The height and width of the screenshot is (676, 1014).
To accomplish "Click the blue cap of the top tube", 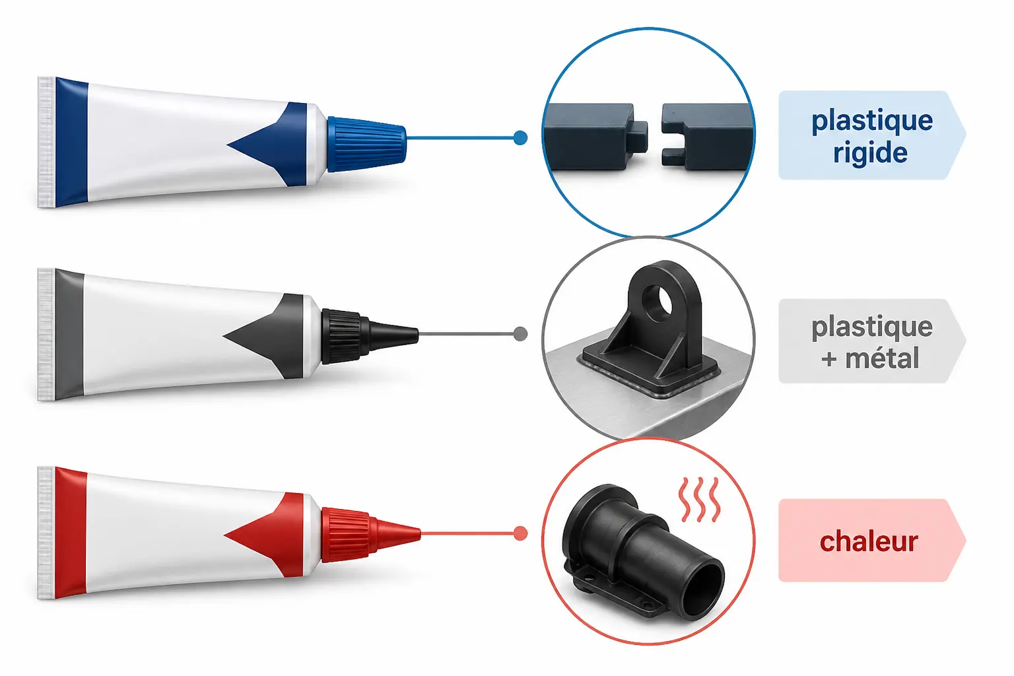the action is pos(366,144).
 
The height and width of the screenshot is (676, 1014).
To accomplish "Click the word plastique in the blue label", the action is pos(872,122).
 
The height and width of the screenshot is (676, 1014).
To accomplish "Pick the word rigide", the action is pos(870,152).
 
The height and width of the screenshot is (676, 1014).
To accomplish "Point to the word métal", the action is pos(882,358).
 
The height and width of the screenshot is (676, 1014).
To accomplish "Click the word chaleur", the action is pos(869,541).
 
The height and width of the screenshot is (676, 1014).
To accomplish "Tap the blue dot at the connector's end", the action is pos(521,138).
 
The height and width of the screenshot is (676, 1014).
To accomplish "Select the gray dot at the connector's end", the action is pos(521,334).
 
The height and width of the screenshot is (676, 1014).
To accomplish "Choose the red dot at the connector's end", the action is pos(521,533).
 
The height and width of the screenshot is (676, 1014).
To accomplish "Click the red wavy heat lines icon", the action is pos(699,500).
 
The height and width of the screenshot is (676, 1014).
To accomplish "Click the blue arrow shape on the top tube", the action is pos(267,145).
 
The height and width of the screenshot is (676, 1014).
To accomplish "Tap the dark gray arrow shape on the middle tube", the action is pos(263,337).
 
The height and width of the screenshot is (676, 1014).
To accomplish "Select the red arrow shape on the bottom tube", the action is pos(264,535).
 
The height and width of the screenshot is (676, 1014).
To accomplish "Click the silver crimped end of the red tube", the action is pos(46,533).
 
